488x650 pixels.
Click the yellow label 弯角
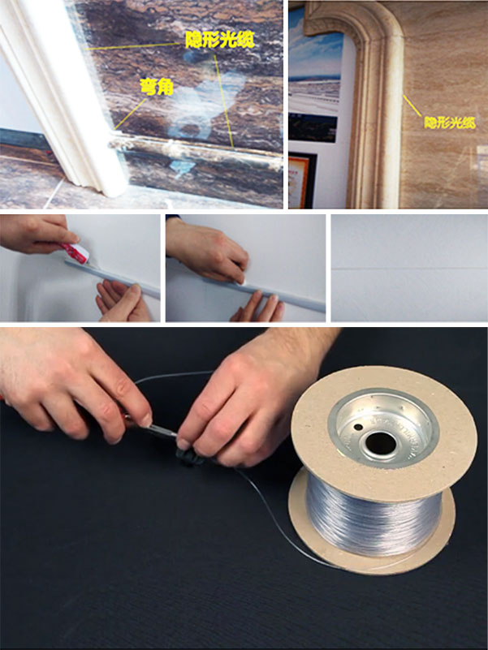157,87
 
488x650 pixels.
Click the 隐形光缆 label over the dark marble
219,40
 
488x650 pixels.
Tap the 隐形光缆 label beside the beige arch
450,123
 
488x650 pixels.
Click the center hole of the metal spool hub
381,443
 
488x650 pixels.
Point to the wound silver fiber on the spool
373,515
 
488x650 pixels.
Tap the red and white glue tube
76,252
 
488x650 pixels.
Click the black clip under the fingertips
189,456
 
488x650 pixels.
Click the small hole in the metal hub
358,427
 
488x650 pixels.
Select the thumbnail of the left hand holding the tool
145,421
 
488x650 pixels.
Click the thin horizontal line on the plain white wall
409,269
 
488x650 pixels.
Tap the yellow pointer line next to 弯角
130,114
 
